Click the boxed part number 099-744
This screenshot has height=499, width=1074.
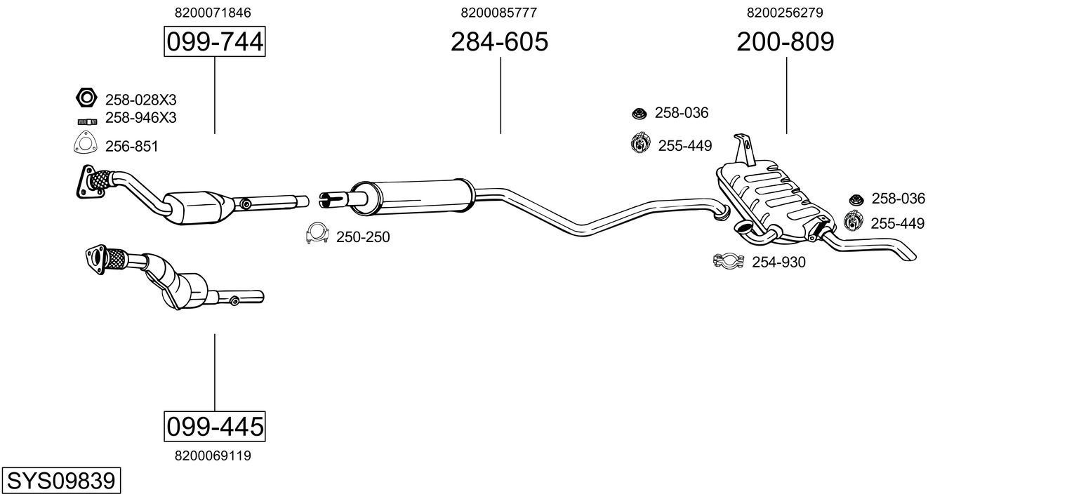214,42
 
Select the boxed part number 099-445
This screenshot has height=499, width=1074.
214,426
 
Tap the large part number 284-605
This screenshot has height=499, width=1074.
499,42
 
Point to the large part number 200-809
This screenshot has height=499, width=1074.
785,42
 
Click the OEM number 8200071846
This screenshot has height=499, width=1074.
213,13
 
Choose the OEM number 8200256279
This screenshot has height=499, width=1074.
785,13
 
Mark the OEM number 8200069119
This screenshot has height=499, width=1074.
213,455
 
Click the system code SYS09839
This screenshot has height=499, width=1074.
60,481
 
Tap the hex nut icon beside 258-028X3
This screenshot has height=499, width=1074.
86,98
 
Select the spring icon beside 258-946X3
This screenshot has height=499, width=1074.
86,121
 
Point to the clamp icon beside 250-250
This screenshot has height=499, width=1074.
318,234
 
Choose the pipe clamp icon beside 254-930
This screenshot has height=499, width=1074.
728,262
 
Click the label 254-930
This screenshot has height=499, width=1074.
778,262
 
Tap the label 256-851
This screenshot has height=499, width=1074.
131,147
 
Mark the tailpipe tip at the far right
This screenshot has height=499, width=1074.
909,255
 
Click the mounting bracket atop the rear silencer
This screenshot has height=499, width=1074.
744,148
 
